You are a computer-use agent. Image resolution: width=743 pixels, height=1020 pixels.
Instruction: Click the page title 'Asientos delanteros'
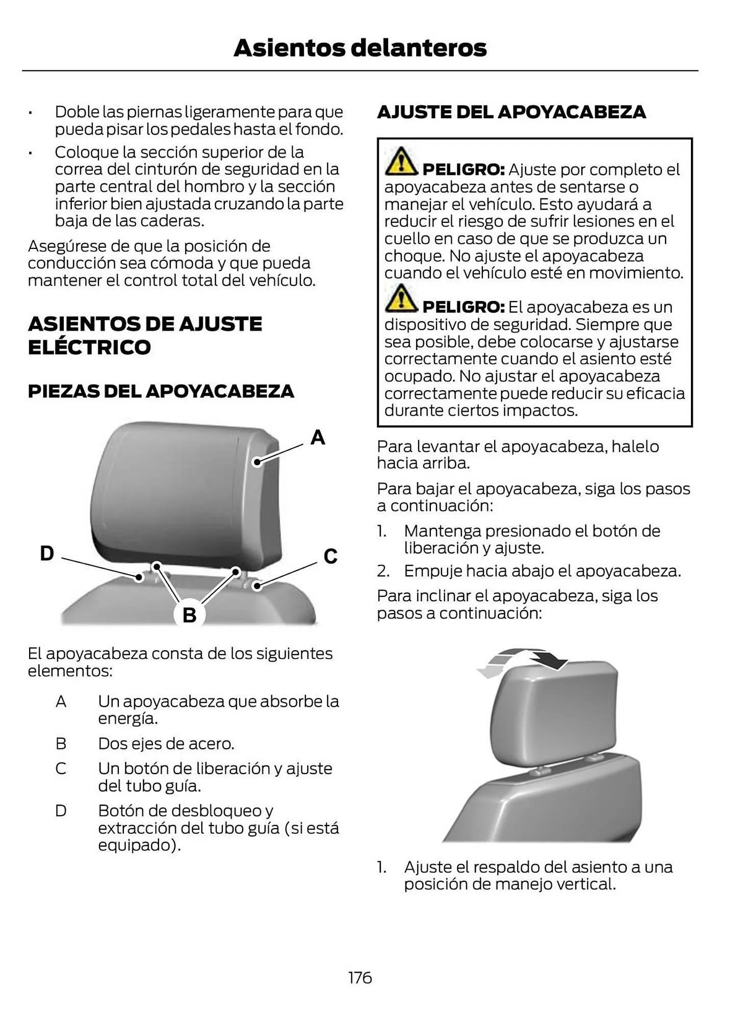[360, 48]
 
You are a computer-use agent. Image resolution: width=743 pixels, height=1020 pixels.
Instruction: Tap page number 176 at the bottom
[360, 978]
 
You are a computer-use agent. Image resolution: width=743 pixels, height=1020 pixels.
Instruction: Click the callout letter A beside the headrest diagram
[318, 438]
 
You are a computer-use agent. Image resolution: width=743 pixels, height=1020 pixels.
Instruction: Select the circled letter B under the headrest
[189, 615]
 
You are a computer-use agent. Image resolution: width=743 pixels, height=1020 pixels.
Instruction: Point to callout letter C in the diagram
[330, 556]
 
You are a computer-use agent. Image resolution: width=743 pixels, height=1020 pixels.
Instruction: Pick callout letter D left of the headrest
[47, 553]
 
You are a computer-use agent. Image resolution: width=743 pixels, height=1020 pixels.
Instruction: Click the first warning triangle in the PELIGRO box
[401, 162]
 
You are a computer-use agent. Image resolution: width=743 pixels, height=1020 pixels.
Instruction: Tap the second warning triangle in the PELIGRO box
[401, 299]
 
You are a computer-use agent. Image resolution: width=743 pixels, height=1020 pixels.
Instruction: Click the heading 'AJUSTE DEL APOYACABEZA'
[511, 112]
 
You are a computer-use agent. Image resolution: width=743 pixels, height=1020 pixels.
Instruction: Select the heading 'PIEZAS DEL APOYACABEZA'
[161, 391]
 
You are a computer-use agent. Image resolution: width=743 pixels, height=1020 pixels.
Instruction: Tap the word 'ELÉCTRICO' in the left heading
[89, 348]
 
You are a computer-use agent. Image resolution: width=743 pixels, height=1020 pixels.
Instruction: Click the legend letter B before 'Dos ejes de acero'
[61, 744]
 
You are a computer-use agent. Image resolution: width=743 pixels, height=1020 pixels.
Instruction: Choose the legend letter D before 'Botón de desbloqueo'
[61, 810]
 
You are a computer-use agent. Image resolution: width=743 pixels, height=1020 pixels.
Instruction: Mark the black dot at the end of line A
[258, 462]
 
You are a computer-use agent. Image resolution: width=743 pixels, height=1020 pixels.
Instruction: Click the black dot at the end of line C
[258, 586]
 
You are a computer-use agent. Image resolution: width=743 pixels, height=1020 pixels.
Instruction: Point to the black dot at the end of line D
[139, 577]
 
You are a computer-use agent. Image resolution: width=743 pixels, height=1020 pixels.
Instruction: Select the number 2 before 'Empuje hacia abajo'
[382, 571]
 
